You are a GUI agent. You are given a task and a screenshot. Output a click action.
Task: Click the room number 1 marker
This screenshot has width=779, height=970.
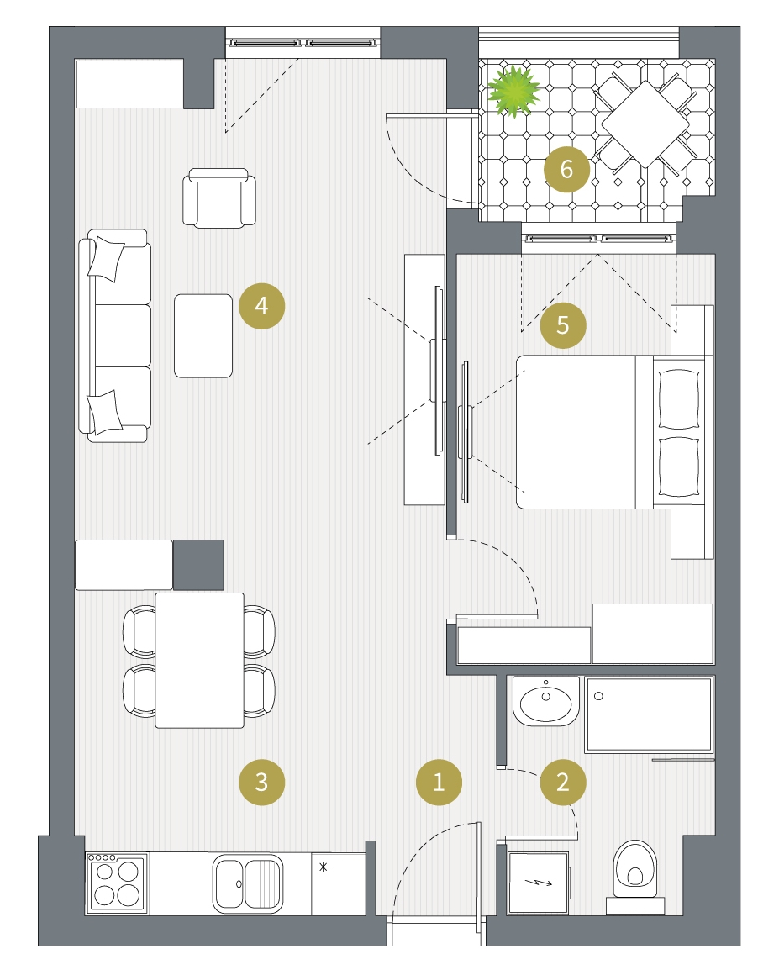[439, 782]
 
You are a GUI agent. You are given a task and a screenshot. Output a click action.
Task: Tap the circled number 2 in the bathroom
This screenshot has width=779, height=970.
[563, 782]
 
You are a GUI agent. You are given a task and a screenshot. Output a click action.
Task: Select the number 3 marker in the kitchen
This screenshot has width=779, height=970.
[261, 782]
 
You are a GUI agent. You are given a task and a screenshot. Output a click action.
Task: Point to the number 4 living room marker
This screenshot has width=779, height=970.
[261, 306]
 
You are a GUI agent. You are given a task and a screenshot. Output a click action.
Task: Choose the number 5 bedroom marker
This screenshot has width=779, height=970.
[563, 324]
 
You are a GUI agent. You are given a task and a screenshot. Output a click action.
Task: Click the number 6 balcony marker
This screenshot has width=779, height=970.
[566, 169]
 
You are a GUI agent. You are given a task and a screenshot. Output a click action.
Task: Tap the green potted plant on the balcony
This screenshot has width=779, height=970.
[513, 92]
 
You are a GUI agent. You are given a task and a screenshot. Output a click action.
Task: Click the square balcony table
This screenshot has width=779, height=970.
[645, 124]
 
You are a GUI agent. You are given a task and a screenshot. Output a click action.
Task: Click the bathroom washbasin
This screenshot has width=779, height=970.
[546, 702]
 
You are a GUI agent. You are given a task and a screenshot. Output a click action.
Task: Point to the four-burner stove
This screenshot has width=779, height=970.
[117, 883]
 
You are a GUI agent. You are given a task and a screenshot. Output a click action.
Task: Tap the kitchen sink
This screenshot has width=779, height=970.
[247, 883]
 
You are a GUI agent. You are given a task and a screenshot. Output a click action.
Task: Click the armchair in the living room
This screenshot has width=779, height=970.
[218, 198]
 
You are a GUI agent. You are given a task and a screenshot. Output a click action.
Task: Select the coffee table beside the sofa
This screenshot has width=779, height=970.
[203, 336]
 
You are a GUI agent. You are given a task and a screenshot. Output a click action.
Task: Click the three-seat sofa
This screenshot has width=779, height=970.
[115, 336]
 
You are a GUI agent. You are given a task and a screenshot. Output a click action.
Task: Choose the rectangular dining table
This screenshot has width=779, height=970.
[200, 660]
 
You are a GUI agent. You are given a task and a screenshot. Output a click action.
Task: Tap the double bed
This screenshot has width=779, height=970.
[611, 432]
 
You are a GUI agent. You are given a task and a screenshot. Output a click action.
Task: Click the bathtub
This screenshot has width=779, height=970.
[649, 714]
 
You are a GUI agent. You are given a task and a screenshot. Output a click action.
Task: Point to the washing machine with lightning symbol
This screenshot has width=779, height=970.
[538, 883]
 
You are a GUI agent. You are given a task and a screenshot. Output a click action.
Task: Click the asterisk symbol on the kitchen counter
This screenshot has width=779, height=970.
[323, 867]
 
